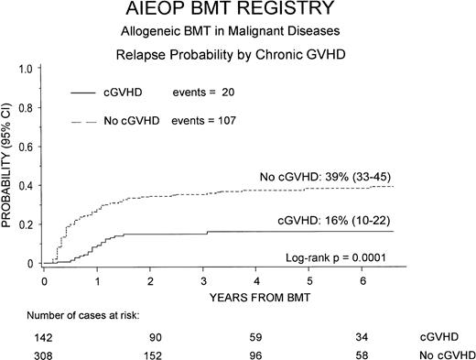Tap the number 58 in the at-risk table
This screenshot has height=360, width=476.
tap(364, 353)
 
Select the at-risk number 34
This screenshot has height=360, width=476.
tap(364, 336)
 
